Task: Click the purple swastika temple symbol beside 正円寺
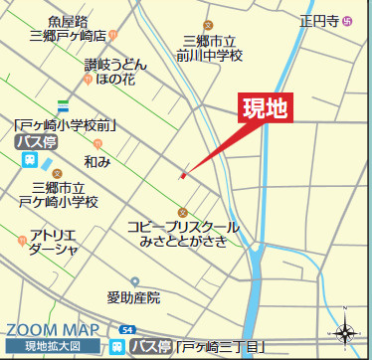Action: [347, 20]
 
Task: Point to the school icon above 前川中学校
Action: [208, 24]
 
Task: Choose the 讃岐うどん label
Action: [114, 64]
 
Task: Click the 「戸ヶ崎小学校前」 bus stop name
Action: [68, 125]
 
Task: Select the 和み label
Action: [97, 159]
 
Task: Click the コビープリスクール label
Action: [183, 228]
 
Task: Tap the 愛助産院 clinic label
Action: [133, 296]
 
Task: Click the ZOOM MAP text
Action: [52, 329]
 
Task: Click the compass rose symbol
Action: [345, 334]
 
